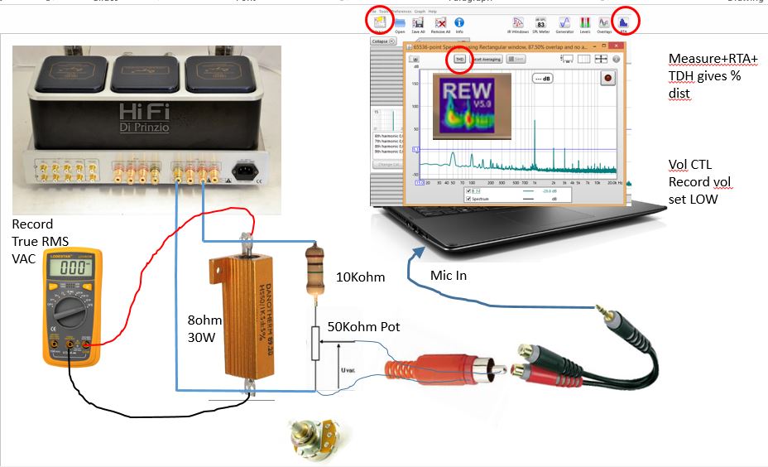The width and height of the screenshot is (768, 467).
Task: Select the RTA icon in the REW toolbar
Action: tap(622, 23)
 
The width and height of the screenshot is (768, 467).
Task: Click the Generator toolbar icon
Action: tap(564, 23)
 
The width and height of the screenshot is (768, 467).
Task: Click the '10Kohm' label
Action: tap(359, 277)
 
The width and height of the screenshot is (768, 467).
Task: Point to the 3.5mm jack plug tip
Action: tap(600, 309)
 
